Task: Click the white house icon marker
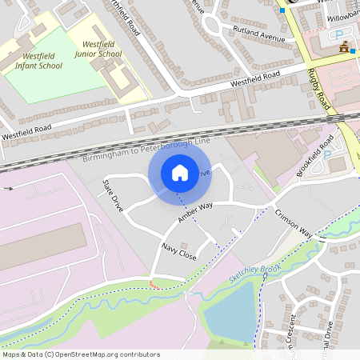pyautogui.click(x=180, y=173)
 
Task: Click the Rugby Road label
pyautogui.click(x=318, y=88)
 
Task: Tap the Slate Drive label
pyautogui.click(x=113, y=195)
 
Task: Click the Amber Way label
pyautogui.click(x=195, y=212)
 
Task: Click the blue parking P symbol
pyautogui.click(x=339, y=35)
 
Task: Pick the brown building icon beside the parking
pyautogui.click(x=344, y=48)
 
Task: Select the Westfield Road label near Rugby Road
pyautogui.click(x=256, y=78)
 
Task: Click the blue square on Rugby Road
pyautogui.click(x=282, y=10)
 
